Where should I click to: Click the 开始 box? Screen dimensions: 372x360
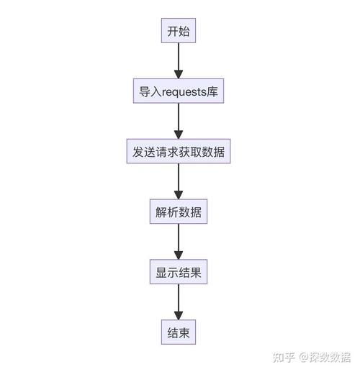pyautogui.click(x=179, y=32)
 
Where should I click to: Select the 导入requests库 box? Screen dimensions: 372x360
pyautogui.click(x=179, y=92)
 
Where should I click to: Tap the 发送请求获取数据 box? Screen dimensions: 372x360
pyautogui.click(x=179, y=153)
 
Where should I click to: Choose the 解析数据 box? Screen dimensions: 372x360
pyautogui.click(x=179, y=213)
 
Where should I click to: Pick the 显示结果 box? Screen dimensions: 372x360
pyautogui.click(x=179, y=273)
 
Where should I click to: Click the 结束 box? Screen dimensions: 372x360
pyautogui.click(x=179, y=333)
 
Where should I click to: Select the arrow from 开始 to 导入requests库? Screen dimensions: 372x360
pyautogui.click(x=179, y=60)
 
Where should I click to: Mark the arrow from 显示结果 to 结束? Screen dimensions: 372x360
pyautogui.click(x=179, y=302)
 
